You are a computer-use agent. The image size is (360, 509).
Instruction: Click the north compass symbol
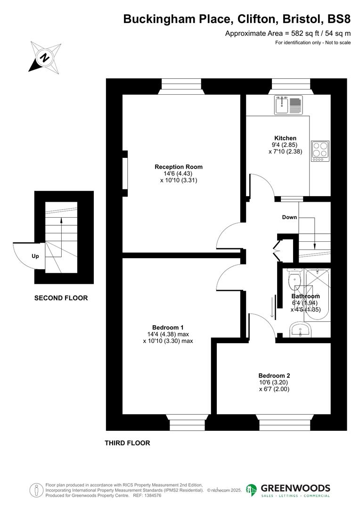45,57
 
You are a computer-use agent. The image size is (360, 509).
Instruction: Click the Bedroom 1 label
168,328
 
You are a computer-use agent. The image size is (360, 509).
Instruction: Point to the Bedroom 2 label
274,376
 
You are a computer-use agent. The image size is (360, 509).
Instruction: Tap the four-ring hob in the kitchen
320,151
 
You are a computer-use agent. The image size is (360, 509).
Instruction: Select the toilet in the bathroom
294,279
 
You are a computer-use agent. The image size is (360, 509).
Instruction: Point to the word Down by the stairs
289,217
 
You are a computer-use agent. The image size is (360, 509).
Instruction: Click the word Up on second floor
35,256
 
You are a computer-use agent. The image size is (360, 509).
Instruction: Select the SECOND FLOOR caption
61,298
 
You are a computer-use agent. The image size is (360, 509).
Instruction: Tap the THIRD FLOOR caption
127,443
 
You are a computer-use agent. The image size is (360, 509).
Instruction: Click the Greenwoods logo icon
252,490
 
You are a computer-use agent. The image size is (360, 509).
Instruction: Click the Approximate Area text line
288,33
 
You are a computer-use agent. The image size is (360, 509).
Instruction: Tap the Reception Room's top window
181,85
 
